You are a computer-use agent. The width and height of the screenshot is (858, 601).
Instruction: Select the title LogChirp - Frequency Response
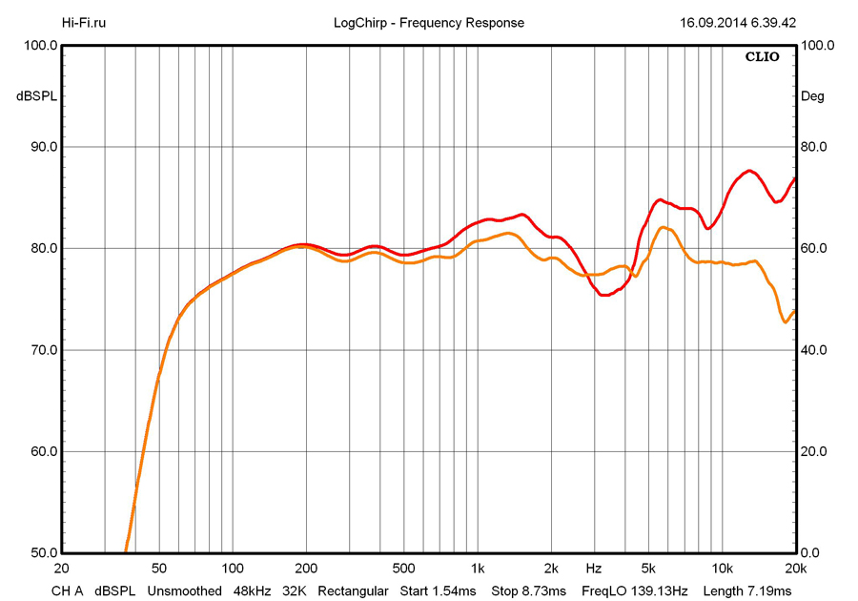click(x=429, y=23)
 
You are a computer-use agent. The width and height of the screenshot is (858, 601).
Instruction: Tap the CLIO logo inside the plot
click(x=762, y=56)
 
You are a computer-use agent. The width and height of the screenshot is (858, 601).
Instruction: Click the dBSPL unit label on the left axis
click(x=34, y=96)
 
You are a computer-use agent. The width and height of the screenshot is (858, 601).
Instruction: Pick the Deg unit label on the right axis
click(x=812, y=96)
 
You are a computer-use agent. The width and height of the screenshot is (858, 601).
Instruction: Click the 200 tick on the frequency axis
click(x=306, y=568)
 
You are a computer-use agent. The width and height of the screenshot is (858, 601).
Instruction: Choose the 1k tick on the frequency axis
click(x=478, y=568)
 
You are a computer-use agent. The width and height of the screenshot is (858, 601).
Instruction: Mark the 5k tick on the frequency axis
click(x=648, y=568)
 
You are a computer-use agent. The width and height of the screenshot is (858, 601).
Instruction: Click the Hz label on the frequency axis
click(x=594, y=568)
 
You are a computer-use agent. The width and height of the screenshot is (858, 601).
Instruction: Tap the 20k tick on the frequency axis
click(x=795, y=568)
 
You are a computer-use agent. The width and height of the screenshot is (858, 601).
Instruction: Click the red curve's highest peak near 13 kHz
click(x=750, y=171)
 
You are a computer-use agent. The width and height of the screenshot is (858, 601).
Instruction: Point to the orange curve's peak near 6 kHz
click(x=665, y=227)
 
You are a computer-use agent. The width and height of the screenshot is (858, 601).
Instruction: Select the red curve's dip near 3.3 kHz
click(x=603, y=296)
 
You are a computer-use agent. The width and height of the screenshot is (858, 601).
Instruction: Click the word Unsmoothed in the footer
click(x=184, y=591)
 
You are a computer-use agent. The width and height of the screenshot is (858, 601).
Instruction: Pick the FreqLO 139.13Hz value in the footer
click(x=634, y=591)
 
